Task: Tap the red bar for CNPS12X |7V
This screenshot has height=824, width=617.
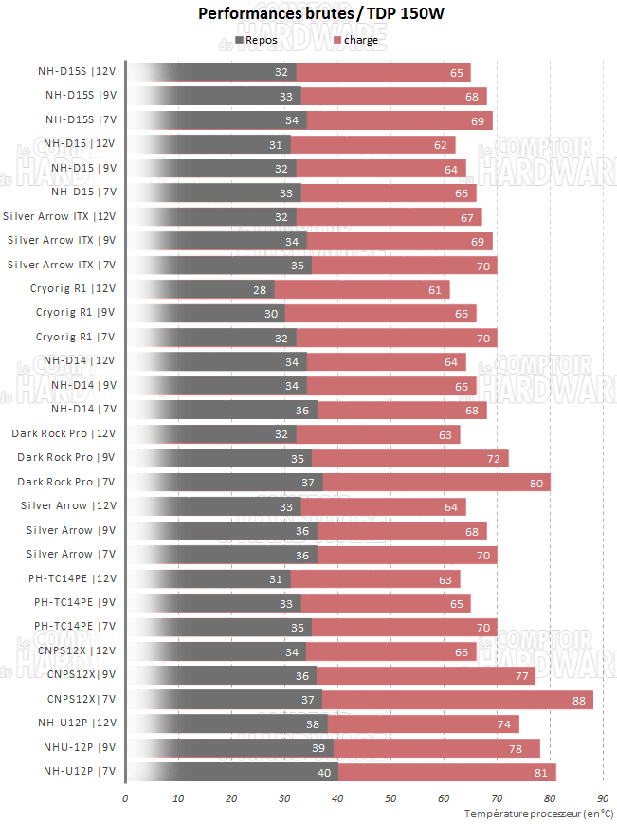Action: tap(457, 700)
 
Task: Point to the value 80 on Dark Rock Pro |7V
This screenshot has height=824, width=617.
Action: tap(536, 483)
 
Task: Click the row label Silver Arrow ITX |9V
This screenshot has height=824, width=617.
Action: tap(61, 241)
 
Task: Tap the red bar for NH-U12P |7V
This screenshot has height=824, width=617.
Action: tap(446, 772)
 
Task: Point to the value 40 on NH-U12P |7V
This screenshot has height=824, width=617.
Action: tap(324, 772)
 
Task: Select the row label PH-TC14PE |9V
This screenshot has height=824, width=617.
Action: tap(75, 602)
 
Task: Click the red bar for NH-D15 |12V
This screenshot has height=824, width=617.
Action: tap(372, 144)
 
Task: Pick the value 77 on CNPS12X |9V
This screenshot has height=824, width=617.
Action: tap(521, 675)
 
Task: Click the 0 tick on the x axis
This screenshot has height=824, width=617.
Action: tap(125, 798)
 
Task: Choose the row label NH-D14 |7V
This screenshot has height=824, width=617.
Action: tap(83, 410)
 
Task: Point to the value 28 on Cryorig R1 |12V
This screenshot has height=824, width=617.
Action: tap(261, 289)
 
